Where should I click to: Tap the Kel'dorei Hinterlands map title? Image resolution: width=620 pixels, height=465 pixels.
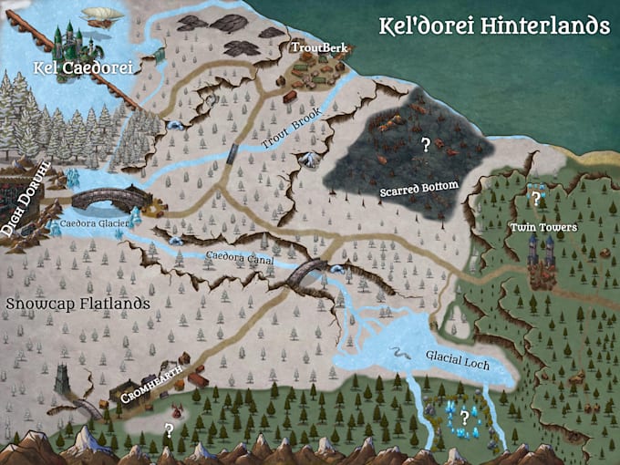point(494,26)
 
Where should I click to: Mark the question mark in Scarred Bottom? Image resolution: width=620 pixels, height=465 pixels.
point(424,144)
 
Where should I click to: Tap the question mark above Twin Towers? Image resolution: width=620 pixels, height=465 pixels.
point(536,197)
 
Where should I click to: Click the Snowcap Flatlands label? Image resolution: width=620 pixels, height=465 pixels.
point(77,303)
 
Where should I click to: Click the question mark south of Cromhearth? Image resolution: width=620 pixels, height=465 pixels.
point(169,429)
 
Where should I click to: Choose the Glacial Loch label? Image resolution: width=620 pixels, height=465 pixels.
point(457,363)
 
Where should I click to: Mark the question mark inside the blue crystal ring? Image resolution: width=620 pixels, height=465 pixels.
point(464,418)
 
